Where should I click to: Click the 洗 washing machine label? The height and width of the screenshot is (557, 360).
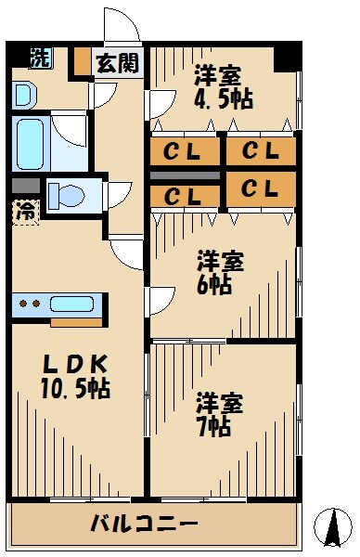[40, 57]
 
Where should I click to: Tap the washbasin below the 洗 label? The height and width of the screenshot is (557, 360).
[23, 93]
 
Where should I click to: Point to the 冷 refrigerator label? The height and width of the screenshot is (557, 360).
[26, 211]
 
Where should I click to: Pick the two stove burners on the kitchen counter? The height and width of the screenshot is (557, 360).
[30, 304]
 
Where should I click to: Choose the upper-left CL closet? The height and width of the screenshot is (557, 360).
[185, 151]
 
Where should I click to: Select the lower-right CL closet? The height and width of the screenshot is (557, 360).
[261, 188]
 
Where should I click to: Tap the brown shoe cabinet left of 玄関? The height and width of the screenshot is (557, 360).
[82, 61]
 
